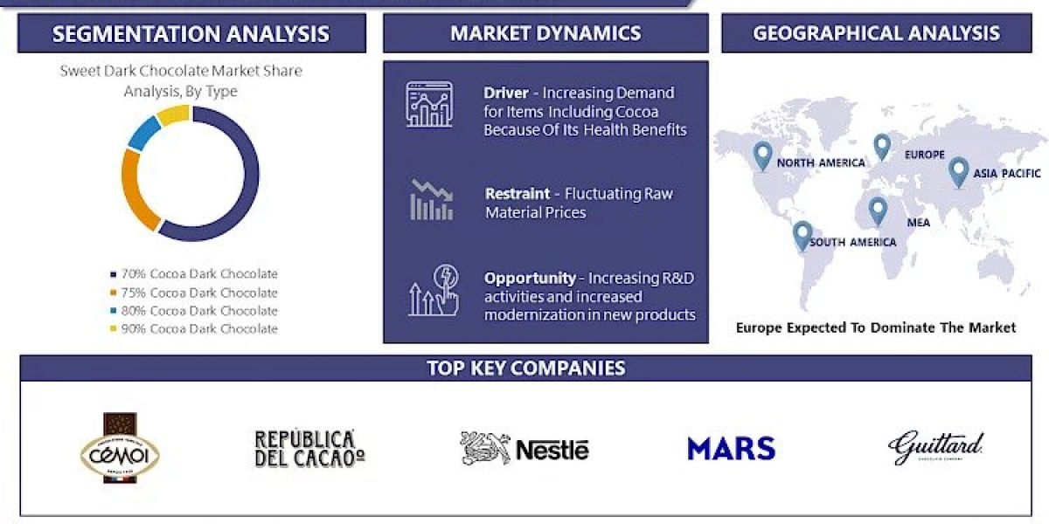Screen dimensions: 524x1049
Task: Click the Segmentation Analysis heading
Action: click(191, 34)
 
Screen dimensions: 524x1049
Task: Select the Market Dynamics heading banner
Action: click(545, 34)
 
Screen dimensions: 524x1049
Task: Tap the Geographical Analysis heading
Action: click(876, 34)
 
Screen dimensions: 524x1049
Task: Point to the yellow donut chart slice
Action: click(173, 114)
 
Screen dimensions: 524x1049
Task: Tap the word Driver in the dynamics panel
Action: click(505, 93)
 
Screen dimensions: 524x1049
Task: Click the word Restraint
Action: click(518, 194)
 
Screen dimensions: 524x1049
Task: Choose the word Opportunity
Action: click(530, 278)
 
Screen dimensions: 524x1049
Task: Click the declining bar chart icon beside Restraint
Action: click(431, 200)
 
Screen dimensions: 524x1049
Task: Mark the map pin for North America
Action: click(762, 155)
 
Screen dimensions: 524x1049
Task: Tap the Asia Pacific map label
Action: click(1008, 174)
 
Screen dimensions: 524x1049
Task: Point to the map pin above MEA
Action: click(877, 210)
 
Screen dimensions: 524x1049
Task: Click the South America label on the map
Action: click(852, 242)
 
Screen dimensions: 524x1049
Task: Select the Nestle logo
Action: click(524, 449)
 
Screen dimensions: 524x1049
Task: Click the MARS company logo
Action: click(731, 449)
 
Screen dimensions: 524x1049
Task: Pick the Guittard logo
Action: click(935, 447)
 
